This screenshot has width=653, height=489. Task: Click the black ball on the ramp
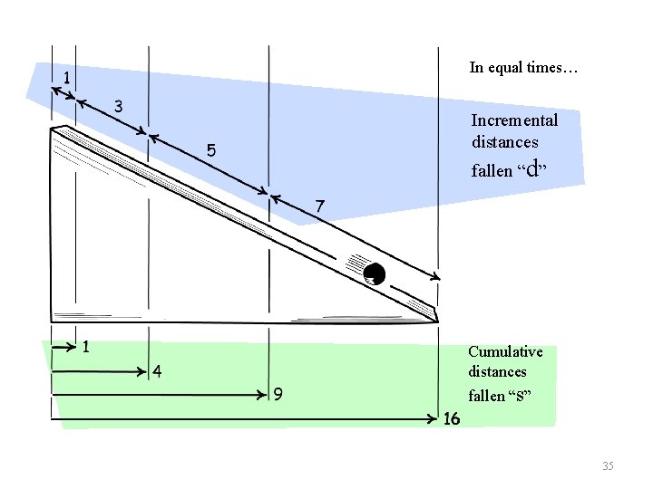tap(374, 273)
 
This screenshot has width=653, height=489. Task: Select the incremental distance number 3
tap(118, 106)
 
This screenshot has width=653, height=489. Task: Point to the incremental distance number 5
tap(210, 151)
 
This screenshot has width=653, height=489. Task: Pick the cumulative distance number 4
tap(157, 371)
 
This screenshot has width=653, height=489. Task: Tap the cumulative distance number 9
tap(280, 395)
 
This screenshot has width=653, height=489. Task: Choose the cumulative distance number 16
tap(452, 419)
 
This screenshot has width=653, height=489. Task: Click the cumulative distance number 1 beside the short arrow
tap(85, 346)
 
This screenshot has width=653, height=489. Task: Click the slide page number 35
tap(608, 465)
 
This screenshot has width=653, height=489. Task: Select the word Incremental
tap(514, 120)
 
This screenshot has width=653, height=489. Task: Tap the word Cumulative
tap(505, 351)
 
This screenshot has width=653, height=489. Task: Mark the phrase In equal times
tap(523, 67)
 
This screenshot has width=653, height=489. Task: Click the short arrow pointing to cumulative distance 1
tap(64, 346)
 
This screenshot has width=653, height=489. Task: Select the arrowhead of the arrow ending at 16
tap(434, 419)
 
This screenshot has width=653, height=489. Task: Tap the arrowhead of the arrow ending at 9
tap(265, 395)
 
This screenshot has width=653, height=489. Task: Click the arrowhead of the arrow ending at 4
tap(143, 371)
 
